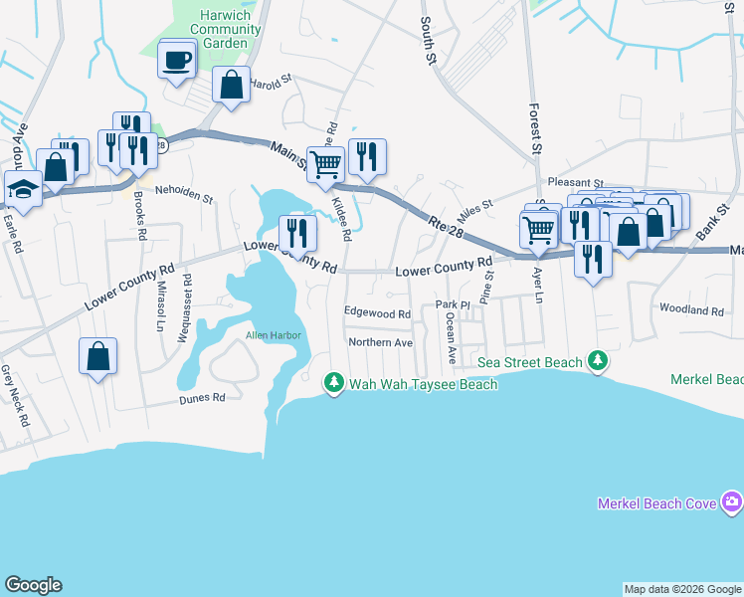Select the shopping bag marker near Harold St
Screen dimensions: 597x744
click(x=231, y=87)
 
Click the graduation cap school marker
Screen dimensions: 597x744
click(x=22, y=188)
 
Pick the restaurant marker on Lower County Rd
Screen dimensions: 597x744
click(x=297, y=234)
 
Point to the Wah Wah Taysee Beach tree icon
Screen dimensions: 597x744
click(x=335, y=383)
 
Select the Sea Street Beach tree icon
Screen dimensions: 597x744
click(x=597, y=361)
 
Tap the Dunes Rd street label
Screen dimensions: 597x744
click(x=203, y=398)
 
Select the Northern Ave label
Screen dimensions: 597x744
click(x=380, y=343)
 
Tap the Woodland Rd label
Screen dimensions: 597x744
click(x=690, y=310)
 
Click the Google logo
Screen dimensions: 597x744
click(x=33, y=585)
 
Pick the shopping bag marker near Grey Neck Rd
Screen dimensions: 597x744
click(x=97, y=356)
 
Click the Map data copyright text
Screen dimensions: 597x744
click(x=682, y=589)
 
